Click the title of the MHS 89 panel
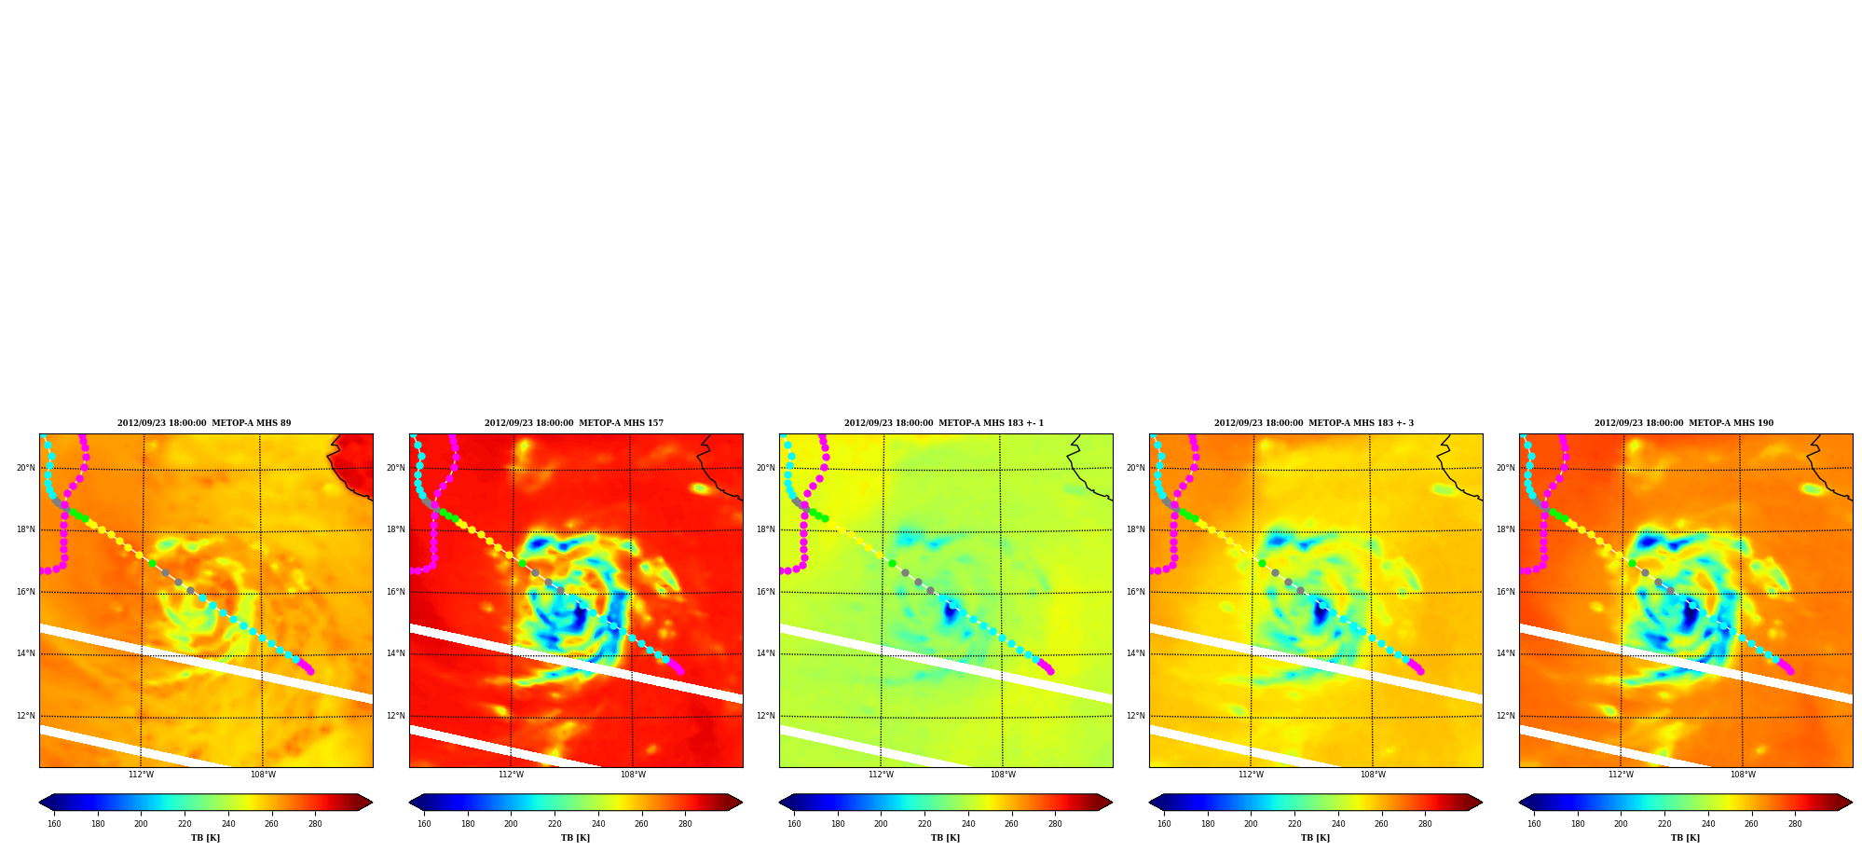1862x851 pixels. pyautogui.click(x=204, y=423)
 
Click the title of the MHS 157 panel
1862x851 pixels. pyautogui.click(x=574, y=423)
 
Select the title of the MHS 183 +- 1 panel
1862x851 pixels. pyautogui.click(x=944, y=423)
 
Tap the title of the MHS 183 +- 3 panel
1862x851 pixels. pyautogui.click(x=1314, y=423)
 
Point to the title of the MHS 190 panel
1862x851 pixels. pyautogui.click(x=1684, y=423)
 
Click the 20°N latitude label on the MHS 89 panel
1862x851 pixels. pyautogui.click(x=26, y=468)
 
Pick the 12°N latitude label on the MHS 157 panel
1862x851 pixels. pyautogui.click(x=396, y=716)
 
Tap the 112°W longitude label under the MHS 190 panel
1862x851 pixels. pyautogui.click(x=1621, y=775)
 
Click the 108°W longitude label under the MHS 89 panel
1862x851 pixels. pyautogui.click(x=263, y=775)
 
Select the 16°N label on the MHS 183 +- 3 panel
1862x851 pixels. pyautogui.click(x=1136, y=592)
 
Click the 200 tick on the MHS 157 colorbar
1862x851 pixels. pyautogui.click(x=511, y=824)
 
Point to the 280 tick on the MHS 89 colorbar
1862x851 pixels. pyautogui.click(x=315, y=824)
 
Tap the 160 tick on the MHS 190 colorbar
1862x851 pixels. pyautogui.click(x=1534, y=824)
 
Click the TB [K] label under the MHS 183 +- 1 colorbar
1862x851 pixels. pyautogui.click(x=946, y=838)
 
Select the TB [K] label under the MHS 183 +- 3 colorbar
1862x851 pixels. pyautogui.click(x=1316, y=838)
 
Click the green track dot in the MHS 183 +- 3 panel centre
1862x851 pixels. pyautogui.click(x=1262, y=563)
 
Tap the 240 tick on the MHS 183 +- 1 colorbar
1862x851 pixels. pyautogui.click(x=968, y=824)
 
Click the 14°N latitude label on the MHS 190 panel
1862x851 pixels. pyautogui.click(x=1506, y=653)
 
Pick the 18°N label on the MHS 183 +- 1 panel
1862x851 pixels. pyautogui.click(x=766, y=529)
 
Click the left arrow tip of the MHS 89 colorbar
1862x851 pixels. pyautogui.click(x=39, y=803)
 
